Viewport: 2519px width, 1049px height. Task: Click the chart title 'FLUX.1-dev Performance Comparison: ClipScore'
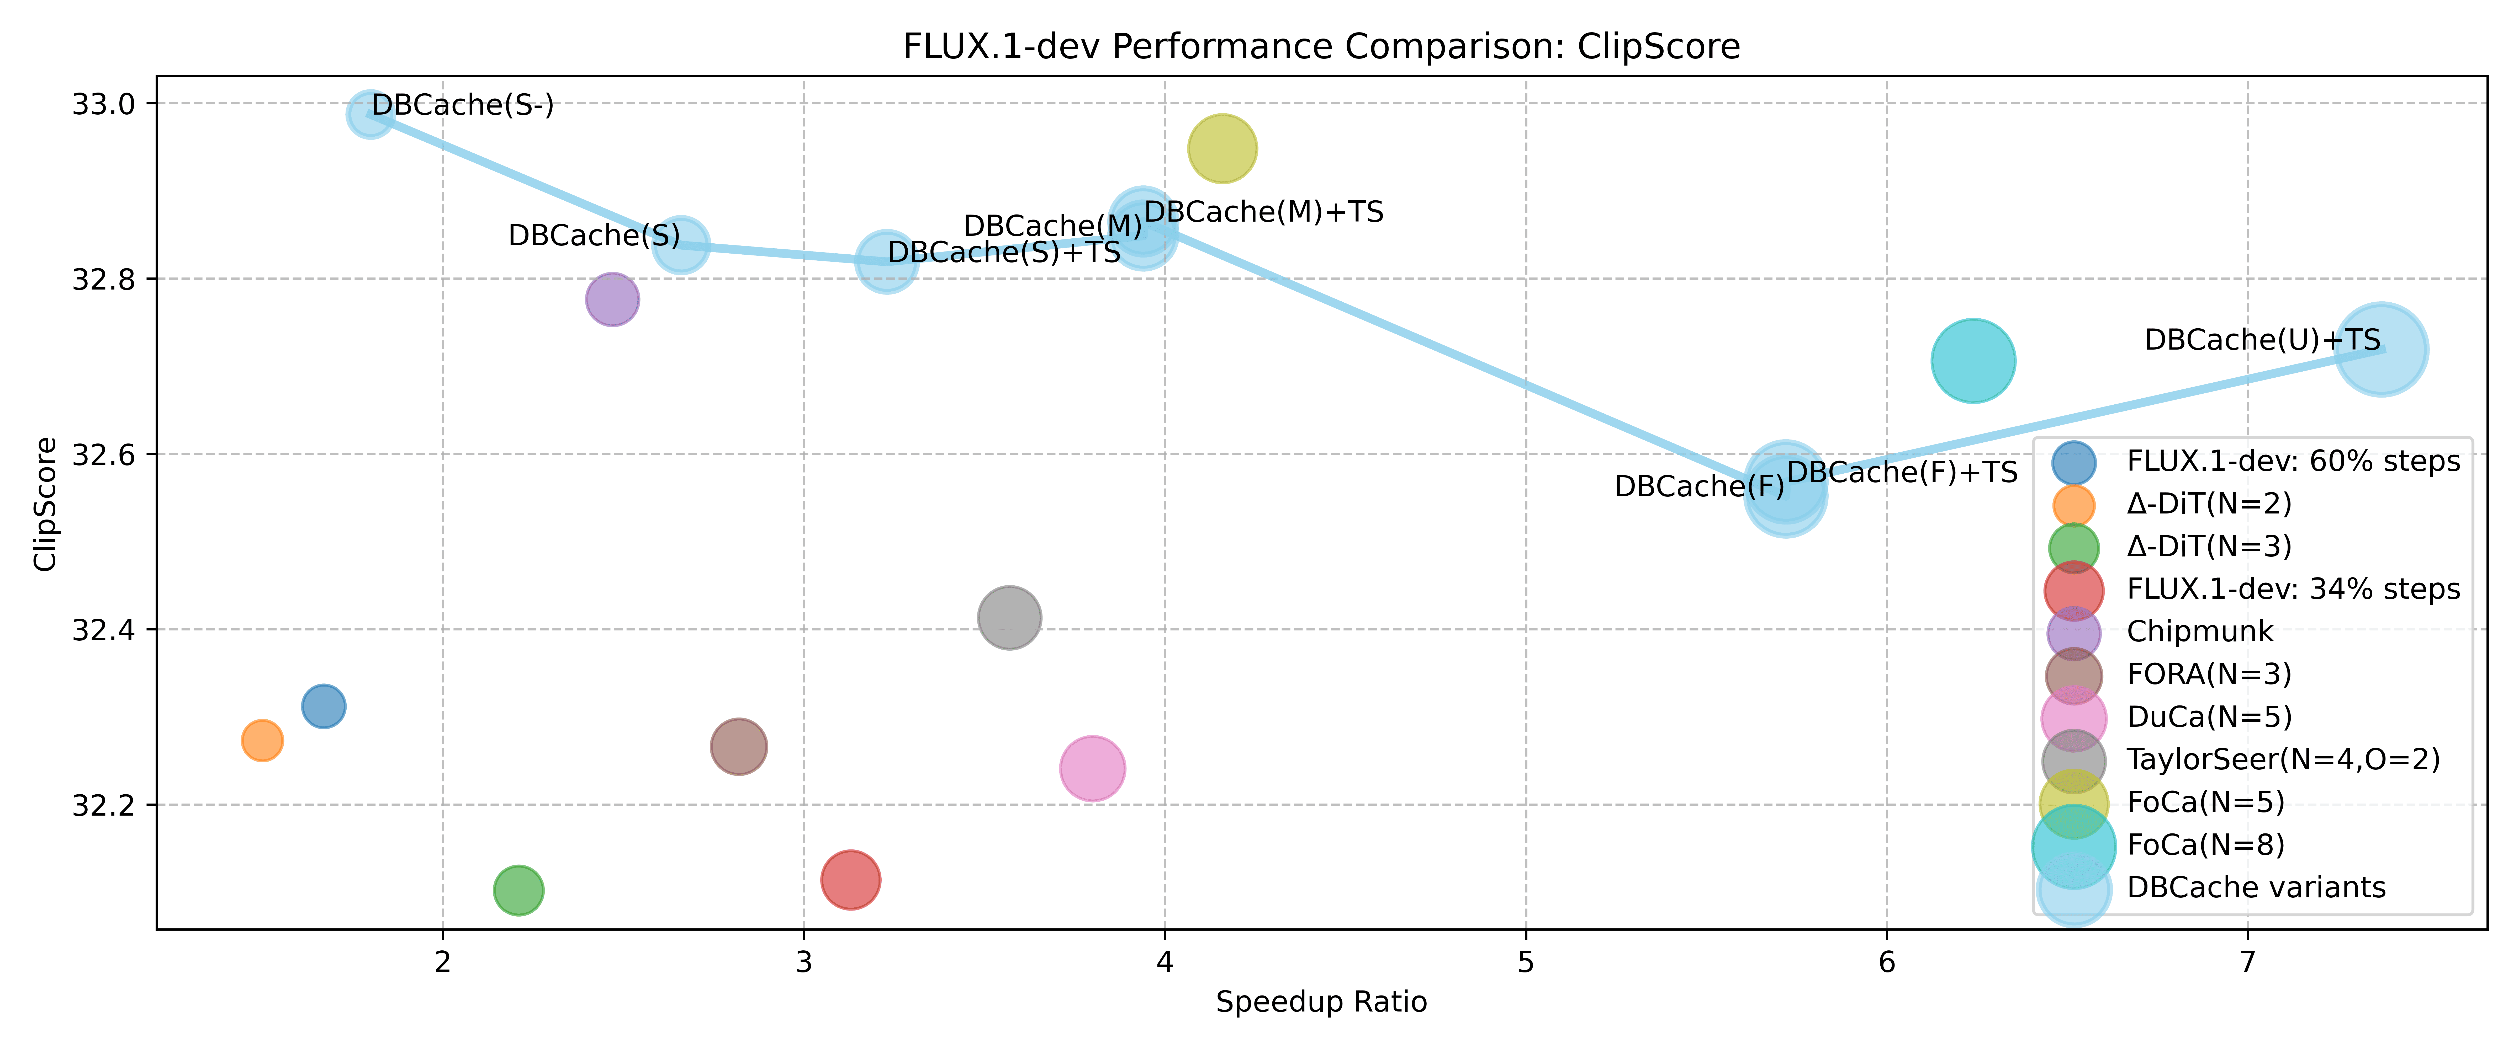[1321, 47]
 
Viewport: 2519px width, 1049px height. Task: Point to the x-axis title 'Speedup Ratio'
[1321, 1002]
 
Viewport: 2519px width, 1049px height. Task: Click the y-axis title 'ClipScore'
[45, 505]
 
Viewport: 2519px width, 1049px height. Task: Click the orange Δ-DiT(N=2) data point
[262, 741]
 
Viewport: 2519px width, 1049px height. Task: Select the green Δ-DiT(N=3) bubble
[518, 890]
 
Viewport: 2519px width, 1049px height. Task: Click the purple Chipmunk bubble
[612, 299]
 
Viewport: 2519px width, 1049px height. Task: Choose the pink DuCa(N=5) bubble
[1092, 768]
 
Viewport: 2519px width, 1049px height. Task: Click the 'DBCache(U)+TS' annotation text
[2262, 340]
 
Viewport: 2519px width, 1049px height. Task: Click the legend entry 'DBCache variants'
[2256, 888]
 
